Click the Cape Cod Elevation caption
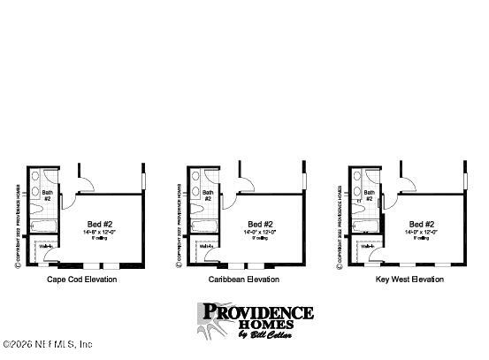tap(81, 280)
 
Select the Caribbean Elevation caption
tap(243, 280)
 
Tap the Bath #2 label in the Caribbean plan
tap(209, 195)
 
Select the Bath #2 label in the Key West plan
tap(371, 195)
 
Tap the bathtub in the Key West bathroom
tap(367, 229)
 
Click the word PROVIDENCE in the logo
tap(257, 311)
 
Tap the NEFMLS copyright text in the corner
tap(49, 343)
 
